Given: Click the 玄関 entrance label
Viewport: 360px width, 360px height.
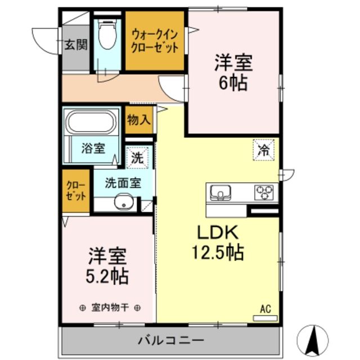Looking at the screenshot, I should pos(75,44).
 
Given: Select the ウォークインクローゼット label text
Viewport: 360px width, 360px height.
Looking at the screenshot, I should pos(155,41).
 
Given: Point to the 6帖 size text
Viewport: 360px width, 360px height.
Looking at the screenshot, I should pos(232,83).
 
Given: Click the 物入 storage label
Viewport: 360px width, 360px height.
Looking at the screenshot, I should pos(138,120).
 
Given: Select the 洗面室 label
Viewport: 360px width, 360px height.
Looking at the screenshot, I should pos(123,182).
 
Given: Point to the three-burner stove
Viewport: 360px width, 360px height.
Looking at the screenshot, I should pos(263,193).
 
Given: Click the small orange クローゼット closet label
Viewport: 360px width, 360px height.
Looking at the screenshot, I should pos(76,191).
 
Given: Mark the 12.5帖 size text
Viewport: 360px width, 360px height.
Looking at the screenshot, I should pos(218,253).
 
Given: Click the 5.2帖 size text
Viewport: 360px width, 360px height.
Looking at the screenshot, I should pos(107,276).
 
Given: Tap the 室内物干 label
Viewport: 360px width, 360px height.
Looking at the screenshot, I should pos(110,308).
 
